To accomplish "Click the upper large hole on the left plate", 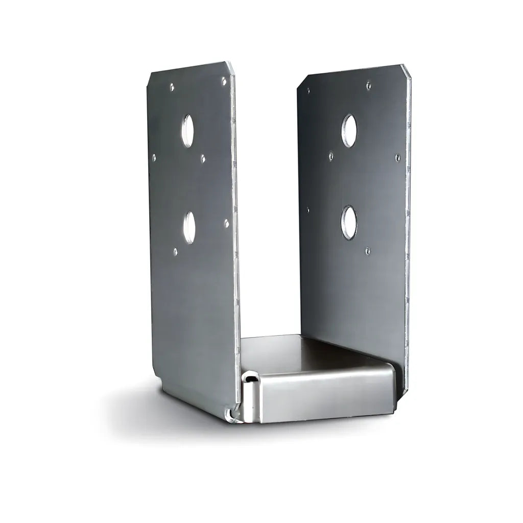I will (x=188, y=131).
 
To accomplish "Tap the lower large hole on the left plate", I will (x=189, y=227).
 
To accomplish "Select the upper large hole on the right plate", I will (x=349, y=131).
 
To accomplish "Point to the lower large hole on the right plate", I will (x=349, y=223).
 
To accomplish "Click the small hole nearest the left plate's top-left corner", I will (x=172, y=87).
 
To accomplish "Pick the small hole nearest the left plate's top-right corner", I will (x=224, y=80).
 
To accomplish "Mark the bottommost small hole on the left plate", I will (x=176, y=251).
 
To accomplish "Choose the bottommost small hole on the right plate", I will (x=367, y=250).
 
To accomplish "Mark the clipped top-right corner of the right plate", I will (x=407, y=70).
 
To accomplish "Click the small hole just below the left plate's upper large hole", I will (x=203, y=159).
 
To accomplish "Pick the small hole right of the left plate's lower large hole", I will (x=226, y=223).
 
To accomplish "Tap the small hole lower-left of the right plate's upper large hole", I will (x=331, y=155).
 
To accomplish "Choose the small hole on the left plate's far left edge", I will (x=154, y=157).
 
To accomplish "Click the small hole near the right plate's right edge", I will (x=398, y=157).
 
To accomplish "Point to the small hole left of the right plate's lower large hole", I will (x=308, y=209).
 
